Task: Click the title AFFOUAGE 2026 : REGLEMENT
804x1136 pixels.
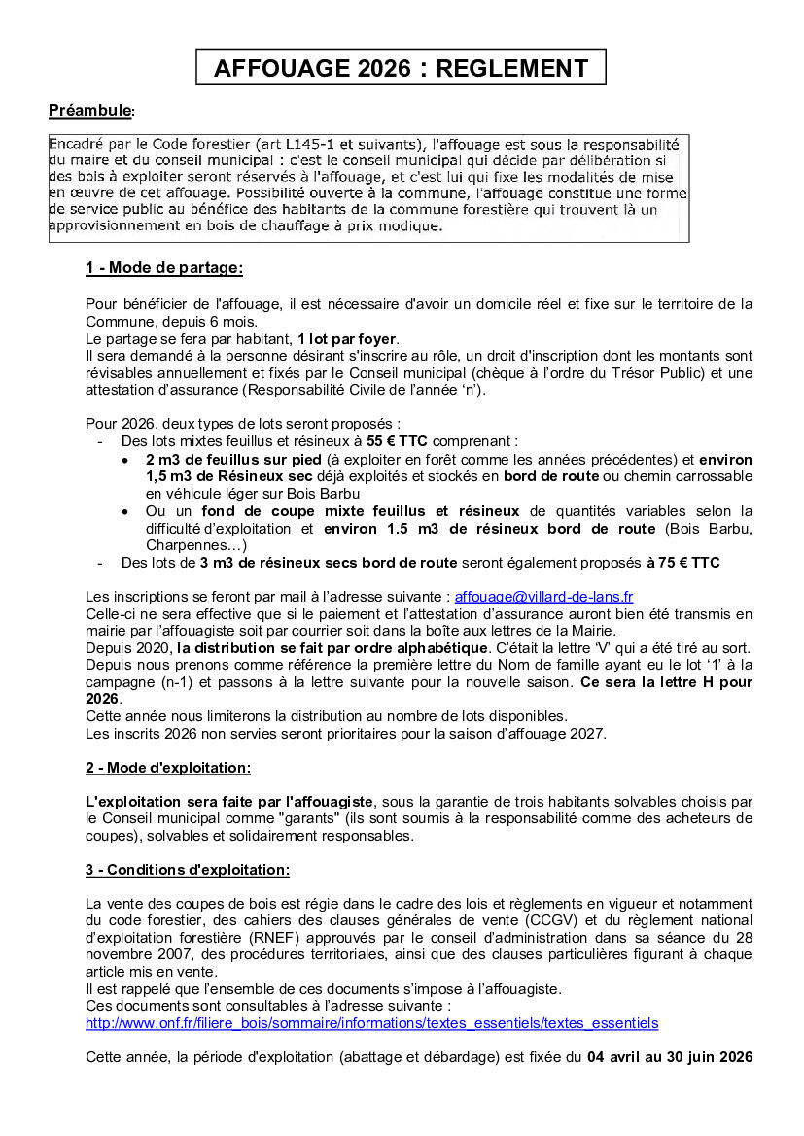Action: click(401, 68)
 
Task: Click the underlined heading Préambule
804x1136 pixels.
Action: click(90, 111)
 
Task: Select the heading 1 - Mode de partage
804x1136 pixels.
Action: click(163, 267)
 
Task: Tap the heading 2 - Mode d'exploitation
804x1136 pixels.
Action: click(167, 768)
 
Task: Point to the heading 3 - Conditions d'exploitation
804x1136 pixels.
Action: click(187, 870)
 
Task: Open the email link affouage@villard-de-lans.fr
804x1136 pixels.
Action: click(543, 597)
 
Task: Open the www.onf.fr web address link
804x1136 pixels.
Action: click(371, 1023)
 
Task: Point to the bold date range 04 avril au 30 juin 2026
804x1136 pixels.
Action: click(670, 1056)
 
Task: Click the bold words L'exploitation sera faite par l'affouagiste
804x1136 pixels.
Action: click(229, 802)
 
